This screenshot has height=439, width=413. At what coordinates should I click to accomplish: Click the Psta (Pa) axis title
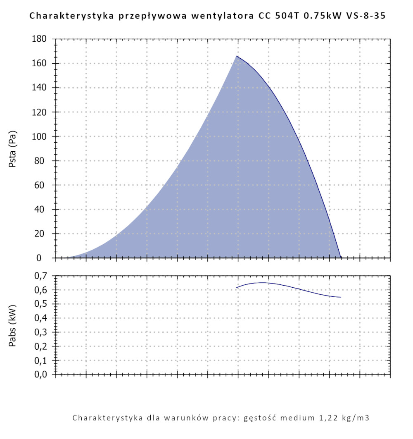13,149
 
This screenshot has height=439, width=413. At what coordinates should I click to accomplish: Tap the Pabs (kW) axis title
13,325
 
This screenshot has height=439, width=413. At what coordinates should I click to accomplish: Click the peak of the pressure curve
237,56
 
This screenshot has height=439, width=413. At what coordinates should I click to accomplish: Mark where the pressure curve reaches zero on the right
341,258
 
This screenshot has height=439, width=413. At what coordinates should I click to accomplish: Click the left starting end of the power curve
237,288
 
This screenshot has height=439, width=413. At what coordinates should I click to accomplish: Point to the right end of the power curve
341,297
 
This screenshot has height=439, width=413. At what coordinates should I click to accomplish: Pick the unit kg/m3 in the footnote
355,418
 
